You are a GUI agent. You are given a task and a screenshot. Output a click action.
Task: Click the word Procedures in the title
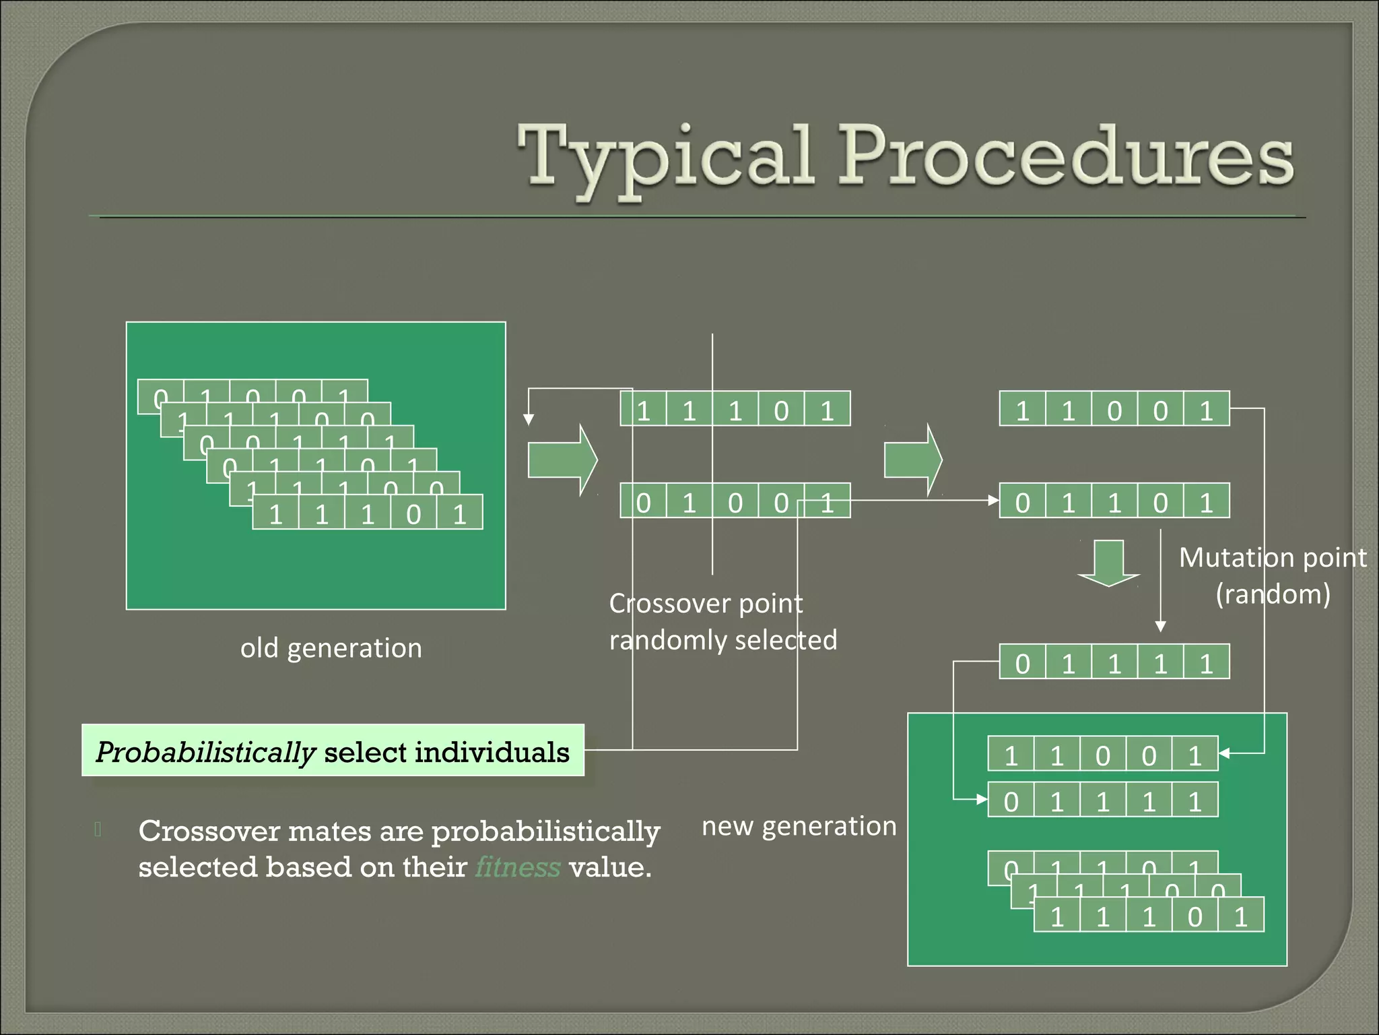pyautogui.click(x=1065, y=156)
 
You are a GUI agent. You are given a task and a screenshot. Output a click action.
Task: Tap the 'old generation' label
pyautogui.click(x=331, y=648)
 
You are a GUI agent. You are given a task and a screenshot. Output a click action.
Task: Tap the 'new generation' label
pyautogui.click(x=799, y=826)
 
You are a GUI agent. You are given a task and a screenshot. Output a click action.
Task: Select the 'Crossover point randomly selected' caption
pyautogui.click(x=722, y=622)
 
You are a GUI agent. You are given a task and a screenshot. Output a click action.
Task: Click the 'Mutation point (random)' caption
pyautogui.click(x=1272, y=576)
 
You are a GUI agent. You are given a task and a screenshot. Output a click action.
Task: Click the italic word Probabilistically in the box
pyautogui.click(x=205, y=752)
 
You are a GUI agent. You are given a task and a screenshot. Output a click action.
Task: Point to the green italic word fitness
pyautogui.click(x=517, y=867)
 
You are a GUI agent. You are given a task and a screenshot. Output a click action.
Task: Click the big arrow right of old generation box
pyautogui.click(x=562, y=460)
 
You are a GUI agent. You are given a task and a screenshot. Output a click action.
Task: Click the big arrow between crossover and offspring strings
pyautogui.click(x=912, y=460)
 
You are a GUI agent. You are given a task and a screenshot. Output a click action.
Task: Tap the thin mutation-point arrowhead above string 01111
pyautogui.click(x=1160, y=626)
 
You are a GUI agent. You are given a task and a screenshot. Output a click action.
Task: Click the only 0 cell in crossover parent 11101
pyautogui.click(x=781, y=410)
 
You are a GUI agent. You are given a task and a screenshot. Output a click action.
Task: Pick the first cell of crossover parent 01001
pyautogui.click(x=643, y=502)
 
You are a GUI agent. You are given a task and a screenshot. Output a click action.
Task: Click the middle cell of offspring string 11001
pyautogui.click(x=1114, y=410)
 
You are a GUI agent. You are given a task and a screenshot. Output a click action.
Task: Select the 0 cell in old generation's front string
pyautogui.click(x=413, y=514)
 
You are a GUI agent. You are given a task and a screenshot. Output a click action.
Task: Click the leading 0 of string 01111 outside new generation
pyautogui.click(x=1022, y=663)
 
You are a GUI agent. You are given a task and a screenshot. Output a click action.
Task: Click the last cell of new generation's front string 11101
pyautogui.click(x=1240, y=916)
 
